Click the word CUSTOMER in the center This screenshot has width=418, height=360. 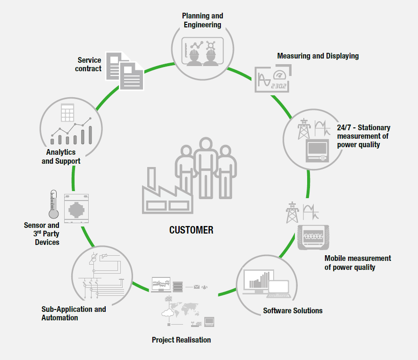coord(191,230)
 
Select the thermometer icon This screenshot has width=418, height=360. coord(53,204)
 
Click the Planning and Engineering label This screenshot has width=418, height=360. coord(202,20)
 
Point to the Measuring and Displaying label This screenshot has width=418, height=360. coord(318,56)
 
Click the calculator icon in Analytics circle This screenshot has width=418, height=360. coord(69,114)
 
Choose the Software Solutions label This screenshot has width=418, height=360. coord(293,310)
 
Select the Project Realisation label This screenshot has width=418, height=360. coord(181,340)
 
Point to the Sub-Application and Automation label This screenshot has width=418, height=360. coord(74,313)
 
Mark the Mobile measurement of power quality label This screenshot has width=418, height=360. coord(358,263)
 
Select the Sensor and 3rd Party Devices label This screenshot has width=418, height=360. coord(42,234)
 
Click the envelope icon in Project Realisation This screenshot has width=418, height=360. coord(196,286)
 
